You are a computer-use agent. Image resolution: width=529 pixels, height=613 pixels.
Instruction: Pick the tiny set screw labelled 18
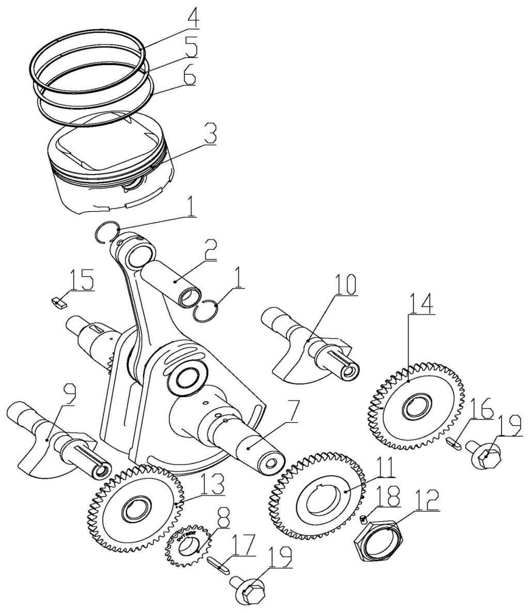coord(364,518)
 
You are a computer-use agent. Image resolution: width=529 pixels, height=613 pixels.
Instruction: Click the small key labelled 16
coord(453,442)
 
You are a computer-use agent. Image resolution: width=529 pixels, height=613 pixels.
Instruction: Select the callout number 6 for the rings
coord(189,77)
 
